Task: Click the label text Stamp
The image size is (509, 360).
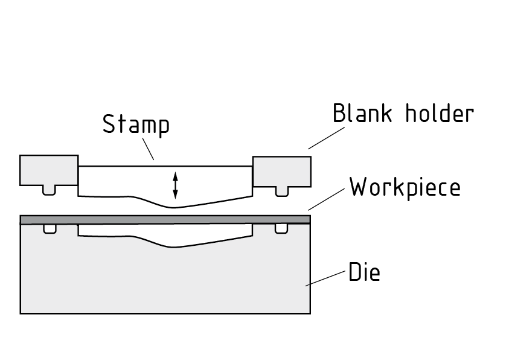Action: coord(136,125)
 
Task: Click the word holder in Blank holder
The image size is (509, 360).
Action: coord(439,113)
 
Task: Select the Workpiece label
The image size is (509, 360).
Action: coord(405,187)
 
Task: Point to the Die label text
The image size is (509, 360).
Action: coord(364,273)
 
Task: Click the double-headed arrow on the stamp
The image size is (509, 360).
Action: coord(175,185)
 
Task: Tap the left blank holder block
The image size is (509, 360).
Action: coord(48,170)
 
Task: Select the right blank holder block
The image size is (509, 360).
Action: coord(282,171)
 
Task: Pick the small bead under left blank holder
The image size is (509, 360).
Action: coord(50,190)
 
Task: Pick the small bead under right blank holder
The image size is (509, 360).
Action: coord(281,190)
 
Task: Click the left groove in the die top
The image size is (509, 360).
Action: coord(50,229)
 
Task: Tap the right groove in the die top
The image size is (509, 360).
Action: coord(281,229)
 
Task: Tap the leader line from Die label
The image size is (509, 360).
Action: coord(326,278)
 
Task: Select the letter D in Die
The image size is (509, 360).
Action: coord(355,273)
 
